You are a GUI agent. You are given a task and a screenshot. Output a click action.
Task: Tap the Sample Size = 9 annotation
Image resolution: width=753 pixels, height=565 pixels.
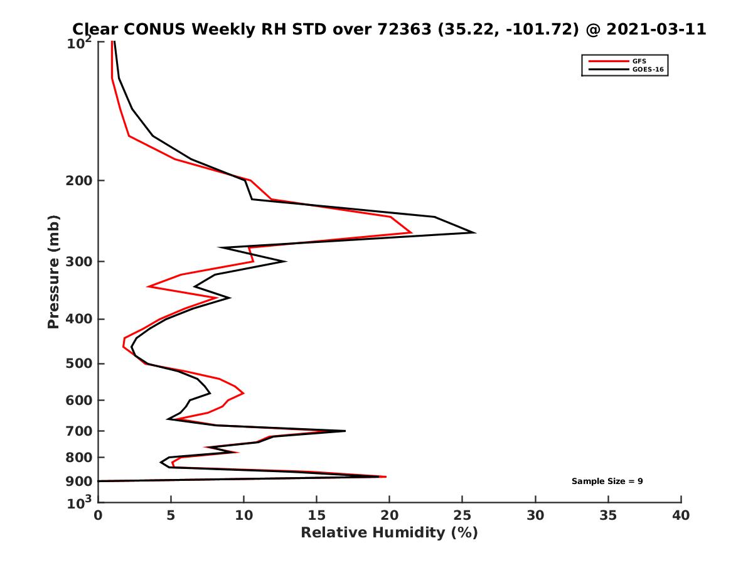coord(607,482)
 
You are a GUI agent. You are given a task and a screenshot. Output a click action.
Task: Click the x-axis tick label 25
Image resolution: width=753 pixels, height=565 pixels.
coord(462,516)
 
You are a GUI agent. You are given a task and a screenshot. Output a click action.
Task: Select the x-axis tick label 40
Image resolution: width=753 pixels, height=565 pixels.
coord(681,516)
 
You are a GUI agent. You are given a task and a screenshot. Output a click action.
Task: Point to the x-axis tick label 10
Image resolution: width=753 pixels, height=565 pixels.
coord(243,516)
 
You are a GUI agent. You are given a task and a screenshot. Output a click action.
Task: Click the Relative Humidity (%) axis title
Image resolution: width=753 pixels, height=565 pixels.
coord(389,533)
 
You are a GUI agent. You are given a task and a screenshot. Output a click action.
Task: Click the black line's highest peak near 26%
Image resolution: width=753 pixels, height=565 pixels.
coord(474,232)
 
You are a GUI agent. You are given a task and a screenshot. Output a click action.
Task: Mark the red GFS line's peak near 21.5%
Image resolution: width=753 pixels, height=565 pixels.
coord(411,233)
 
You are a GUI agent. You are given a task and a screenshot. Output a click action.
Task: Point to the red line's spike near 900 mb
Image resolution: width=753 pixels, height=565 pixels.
coord(385,477)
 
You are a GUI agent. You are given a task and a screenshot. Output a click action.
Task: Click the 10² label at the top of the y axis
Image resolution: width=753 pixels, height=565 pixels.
coord(80,44)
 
